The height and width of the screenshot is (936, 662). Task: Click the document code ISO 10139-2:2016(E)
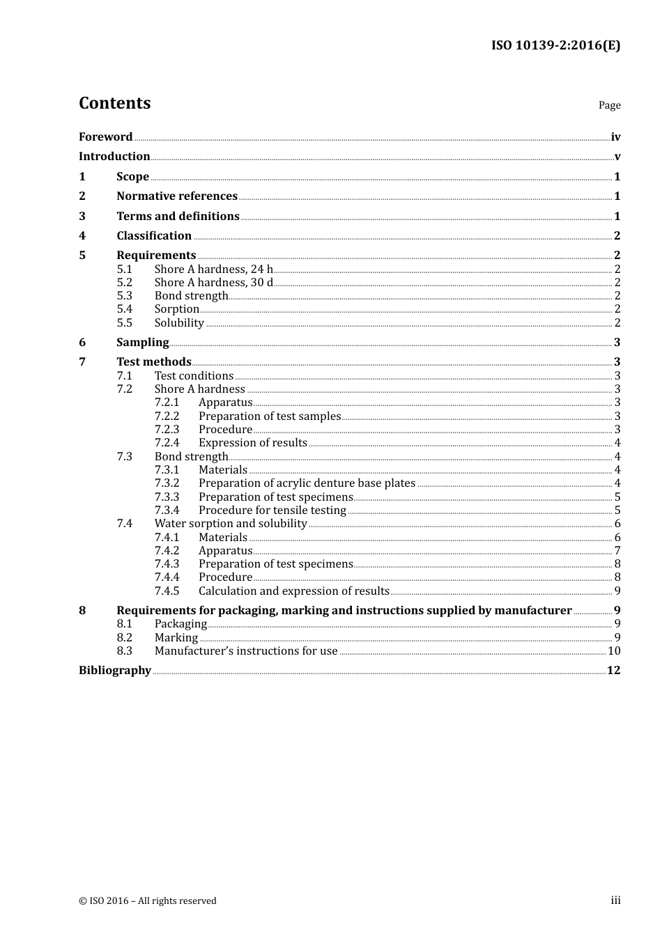pyautogui.click(x=555, y=46)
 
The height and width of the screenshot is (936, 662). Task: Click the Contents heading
pyautogui.click(x=114, y=103)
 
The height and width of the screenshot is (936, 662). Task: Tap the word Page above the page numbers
pyautogui.click(x=609, y=105)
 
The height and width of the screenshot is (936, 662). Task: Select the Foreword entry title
pyautogui.click(x=105, y=137)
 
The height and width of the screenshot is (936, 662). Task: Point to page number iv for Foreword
pyautogui.click(x=615, y=137)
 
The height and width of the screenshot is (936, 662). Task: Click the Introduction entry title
pyautogui.click(x=114, y=157)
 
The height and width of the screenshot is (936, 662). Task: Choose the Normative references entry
pyautogui.click(x=177, y=196)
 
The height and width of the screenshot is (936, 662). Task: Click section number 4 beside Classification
pyautogui.click(x=82, y=236)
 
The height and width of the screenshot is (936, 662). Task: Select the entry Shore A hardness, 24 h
pyautogui.click(x=213, y=270)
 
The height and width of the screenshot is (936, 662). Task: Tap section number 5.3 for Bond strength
pyautogui.click(x=125, y=296)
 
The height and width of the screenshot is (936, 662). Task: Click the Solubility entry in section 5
pyautogui.click(x=179, y=323)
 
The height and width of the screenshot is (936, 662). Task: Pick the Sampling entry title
pyautogui.click(x=142, y=343)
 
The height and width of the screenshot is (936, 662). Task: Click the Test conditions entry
pyautogui.click(x=194, y=376)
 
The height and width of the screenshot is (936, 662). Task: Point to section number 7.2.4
pyautogui.click(x=167, y=443)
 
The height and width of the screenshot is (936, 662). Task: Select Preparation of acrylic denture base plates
pyautogui.click(x=307, y=483)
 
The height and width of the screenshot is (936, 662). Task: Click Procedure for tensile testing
pyautogui.click(x=272, y=510)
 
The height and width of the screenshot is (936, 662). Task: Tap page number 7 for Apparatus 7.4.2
pyautogui.click(x=617, y=551)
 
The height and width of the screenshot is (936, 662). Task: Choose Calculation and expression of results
pyautogui.click(x=293, y=591)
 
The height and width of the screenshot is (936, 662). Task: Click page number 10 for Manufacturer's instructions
pyautogui.click(x=614, y=651)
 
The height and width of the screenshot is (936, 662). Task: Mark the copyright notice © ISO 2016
pyautogui.click(x=148, y=901)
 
